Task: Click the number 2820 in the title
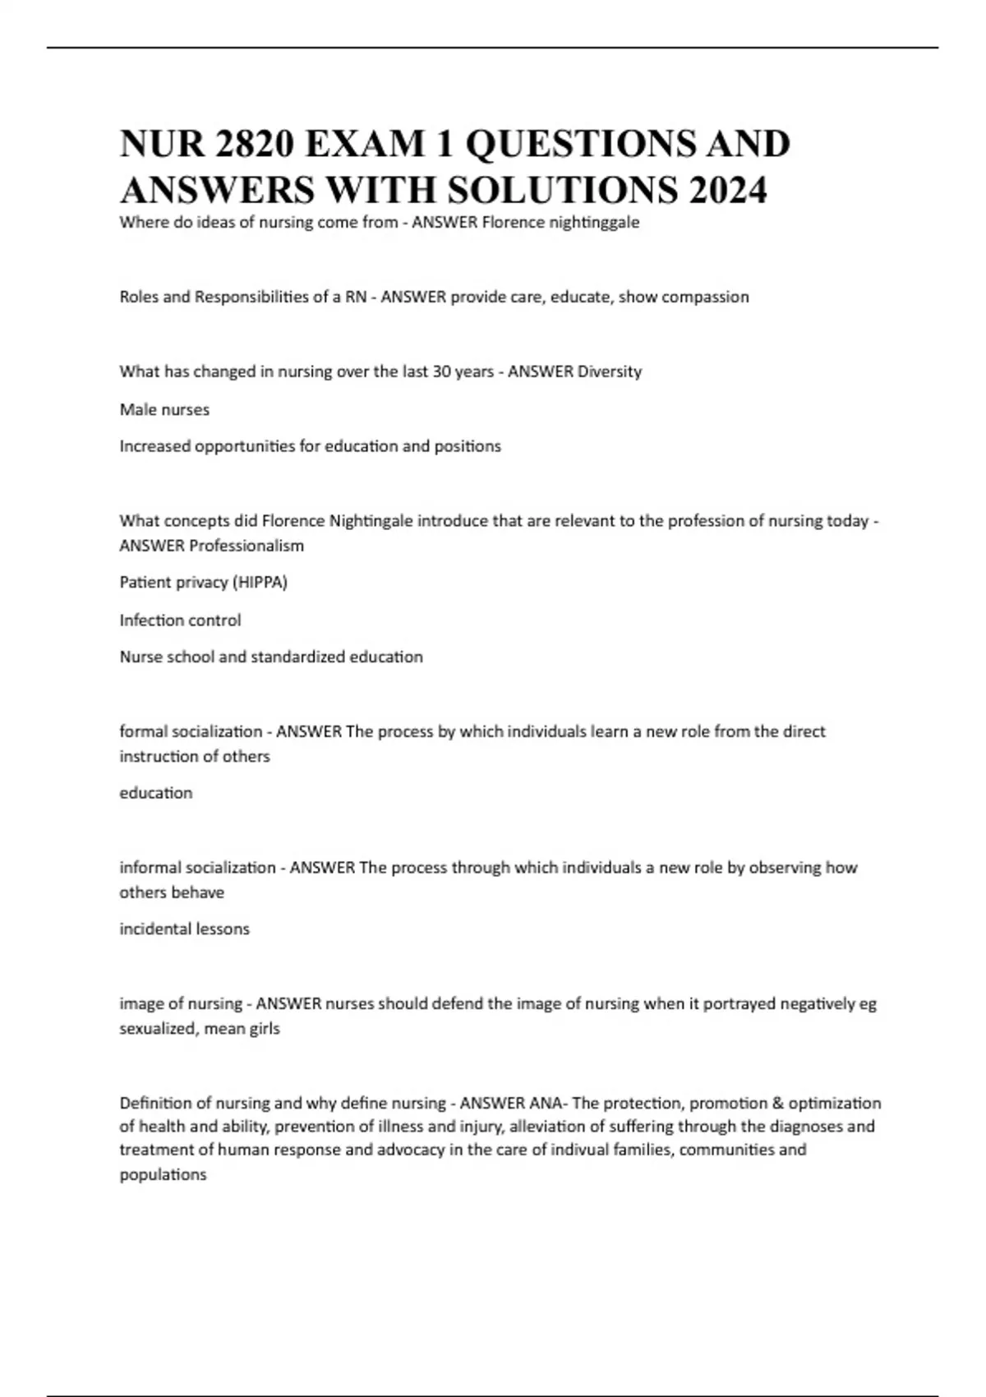pos(254,145)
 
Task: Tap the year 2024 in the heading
pos(729,191)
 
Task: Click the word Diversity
pos(610,371)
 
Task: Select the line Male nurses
pos(164,409)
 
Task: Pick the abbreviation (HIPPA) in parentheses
pos(260,583)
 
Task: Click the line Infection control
pos(180,620)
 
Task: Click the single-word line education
pos(156,793)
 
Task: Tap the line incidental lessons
pos(184,929)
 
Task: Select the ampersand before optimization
pos(779,1103)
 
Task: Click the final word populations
pos(163,1175)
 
